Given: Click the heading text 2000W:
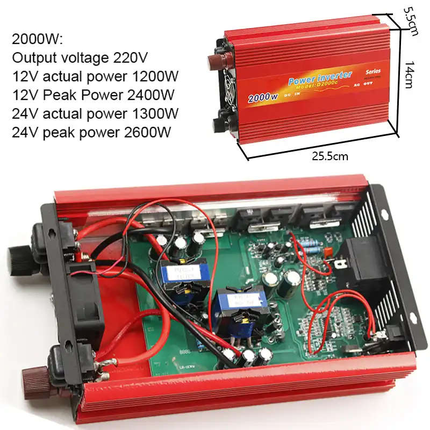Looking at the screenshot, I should (37, 39).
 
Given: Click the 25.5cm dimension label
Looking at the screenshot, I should (330, 156).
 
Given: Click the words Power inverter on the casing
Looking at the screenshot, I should (320, 78).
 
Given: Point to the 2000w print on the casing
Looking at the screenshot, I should (262, 98).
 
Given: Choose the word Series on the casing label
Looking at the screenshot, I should (372, 71).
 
